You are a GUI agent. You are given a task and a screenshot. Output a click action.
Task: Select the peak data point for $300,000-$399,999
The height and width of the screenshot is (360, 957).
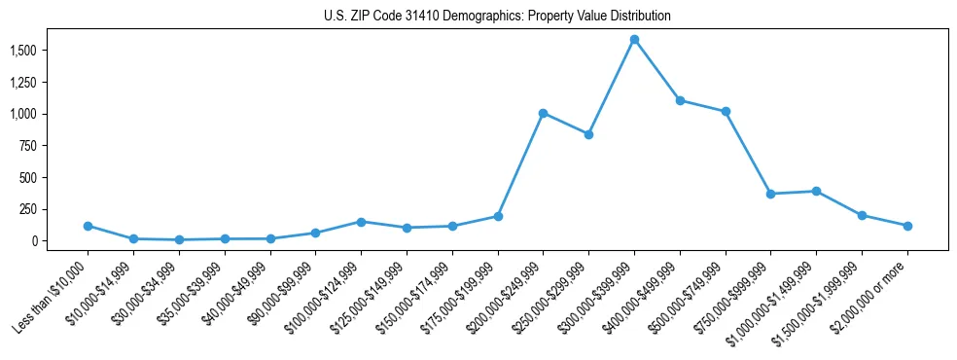(x=634, y=40)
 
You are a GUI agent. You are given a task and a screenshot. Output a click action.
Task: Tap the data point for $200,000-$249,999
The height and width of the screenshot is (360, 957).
(x=544, y=113)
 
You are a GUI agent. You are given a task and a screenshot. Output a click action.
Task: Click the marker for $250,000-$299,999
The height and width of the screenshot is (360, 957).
(x=588, y=134)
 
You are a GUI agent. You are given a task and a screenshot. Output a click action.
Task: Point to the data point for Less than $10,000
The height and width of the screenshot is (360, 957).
(x=89, y=226)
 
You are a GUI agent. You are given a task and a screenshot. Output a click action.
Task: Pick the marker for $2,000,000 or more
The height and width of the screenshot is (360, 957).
(x=907, y=226)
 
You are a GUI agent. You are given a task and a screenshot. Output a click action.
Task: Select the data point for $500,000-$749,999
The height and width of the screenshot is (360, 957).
(x=726, y=112)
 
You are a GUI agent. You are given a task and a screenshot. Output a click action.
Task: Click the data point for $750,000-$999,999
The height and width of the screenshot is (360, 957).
(x=770, y=194)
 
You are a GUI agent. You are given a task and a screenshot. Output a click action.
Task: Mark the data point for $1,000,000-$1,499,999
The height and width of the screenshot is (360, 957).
(x=816, y=191)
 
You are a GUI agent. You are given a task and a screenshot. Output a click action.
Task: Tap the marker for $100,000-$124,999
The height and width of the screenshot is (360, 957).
(x=361, y=222)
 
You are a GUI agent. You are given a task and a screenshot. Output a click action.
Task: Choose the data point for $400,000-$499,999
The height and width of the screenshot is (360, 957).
(x=680, y=100)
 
